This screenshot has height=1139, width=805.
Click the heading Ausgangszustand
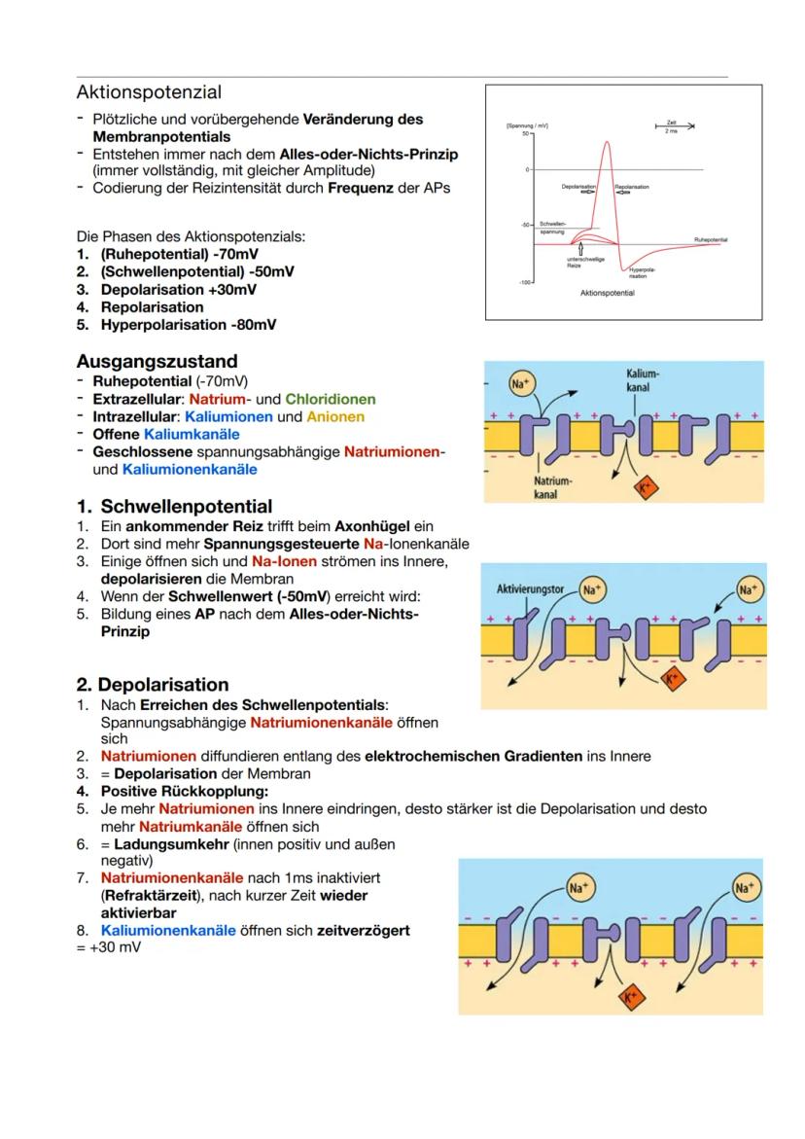(157, 362)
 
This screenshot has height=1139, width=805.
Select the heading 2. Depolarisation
(153, 684)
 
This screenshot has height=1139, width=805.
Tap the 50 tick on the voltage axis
(523, 133)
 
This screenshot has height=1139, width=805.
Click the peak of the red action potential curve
(608, 142)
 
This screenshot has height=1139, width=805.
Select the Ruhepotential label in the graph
(711, 238)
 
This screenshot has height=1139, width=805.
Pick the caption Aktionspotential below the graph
(606, 293)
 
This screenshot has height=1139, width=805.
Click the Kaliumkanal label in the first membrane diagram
(644, 380)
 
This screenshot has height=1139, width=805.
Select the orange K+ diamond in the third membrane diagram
(630, 996)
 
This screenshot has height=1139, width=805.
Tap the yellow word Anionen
(334, 416)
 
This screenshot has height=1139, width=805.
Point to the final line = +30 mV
(109, 947)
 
